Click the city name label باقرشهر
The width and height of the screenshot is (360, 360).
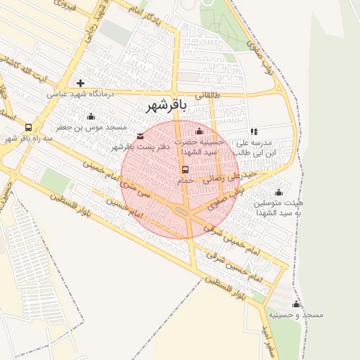coord(167,105)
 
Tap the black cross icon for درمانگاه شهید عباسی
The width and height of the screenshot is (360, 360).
coord(80,83)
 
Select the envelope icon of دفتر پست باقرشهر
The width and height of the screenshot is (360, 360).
coord(140,136)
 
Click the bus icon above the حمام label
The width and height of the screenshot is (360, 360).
coord(185,169)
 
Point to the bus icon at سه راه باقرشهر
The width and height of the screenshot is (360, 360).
coord(28,128)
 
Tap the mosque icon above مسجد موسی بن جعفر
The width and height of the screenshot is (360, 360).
coord(90,117)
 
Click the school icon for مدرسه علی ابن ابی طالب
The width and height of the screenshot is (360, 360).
coord(254,131)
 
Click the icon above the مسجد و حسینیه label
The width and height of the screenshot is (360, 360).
coord(296,304)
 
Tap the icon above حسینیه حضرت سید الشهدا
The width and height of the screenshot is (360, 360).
coord(199,131)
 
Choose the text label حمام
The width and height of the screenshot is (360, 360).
coord(184,181)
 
